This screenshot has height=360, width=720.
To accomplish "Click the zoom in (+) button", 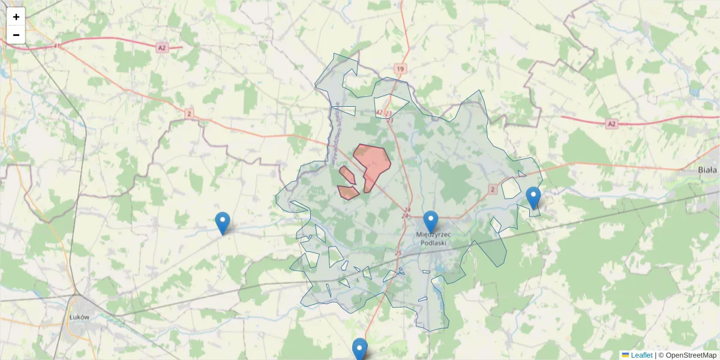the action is coord(16,17).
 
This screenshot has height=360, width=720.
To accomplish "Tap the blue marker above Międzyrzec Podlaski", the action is coord(430,221).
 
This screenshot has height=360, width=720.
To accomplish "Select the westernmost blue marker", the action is coord(223,223).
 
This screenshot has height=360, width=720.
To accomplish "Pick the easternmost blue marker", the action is coord(533,197).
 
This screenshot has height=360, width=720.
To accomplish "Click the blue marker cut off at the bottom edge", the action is coord(359,349).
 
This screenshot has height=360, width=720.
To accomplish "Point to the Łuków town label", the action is coord(79,316).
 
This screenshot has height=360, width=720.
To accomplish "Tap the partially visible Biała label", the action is coord(708,170).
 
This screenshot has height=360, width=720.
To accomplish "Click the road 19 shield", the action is coord(400,69).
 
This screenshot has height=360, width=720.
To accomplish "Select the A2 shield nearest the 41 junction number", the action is coord(161,47).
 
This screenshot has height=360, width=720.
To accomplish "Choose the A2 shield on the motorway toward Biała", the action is coord(611,124).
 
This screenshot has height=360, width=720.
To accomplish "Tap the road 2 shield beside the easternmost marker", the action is coord(493,189).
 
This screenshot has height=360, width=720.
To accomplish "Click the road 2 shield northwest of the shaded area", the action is coord(189,113).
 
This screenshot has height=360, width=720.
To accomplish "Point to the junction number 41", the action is coord(57,46).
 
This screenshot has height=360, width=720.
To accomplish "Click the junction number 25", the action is coord(398,253).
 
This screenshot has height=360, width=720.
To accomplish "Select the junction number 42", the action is coord(379,112).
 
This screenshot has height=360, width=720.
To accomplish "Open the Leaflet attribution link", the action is coord(641,355).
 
